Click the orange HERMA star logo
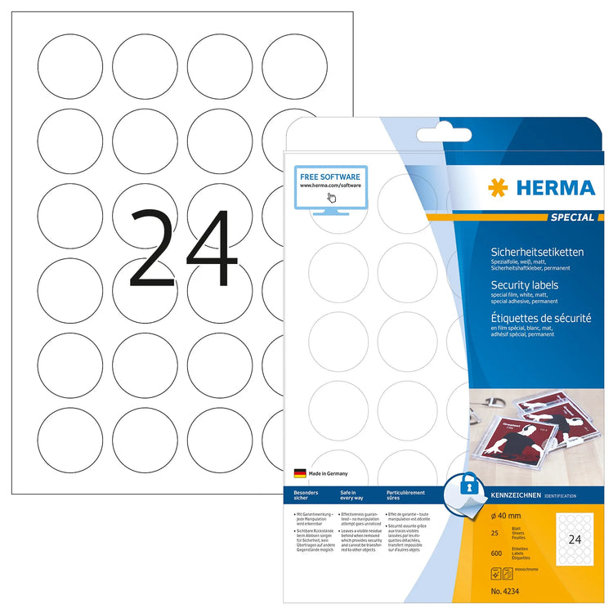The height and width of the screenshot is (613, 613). point(498,188)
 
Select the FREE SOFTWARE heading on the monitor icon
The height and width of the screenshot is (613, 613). point(330,176)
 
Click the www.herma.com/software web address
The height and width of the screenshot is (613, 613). point(330,186)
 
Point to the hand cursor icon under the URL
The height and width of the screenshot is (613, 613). point(332,197)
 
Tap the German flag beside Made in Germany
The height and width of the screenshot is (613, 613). point(299,473)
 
